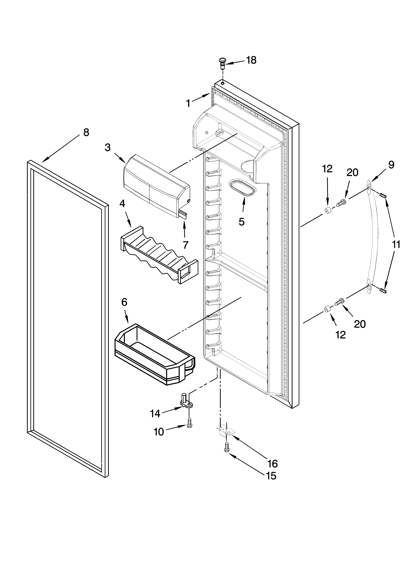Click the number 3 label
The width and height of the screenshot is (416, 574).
pyautogui.click(x=108, y=147)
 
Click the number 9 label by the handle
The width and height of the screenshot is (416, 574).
pyautogui.click(x=391, y=165)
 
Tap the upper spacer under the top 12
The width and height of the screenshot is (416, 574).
pyautogui.click(x=328, y=210)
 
